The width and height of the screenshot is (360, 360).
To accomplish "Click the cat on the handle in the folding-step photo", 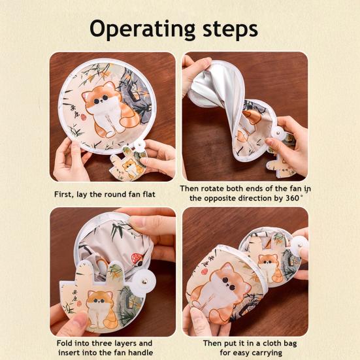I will pyautogui.click(x=100, y=306).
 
